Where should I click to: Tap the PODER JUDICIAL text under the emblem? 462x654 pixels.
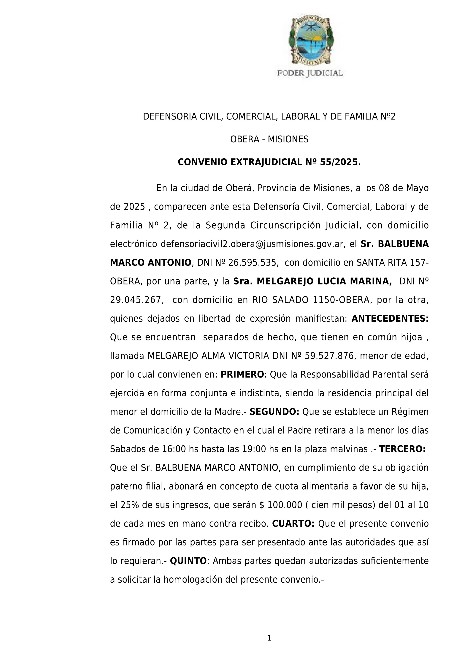[x=310, y=73]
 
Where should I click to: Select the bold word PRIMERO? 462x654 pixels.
[x=242, y=374]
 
